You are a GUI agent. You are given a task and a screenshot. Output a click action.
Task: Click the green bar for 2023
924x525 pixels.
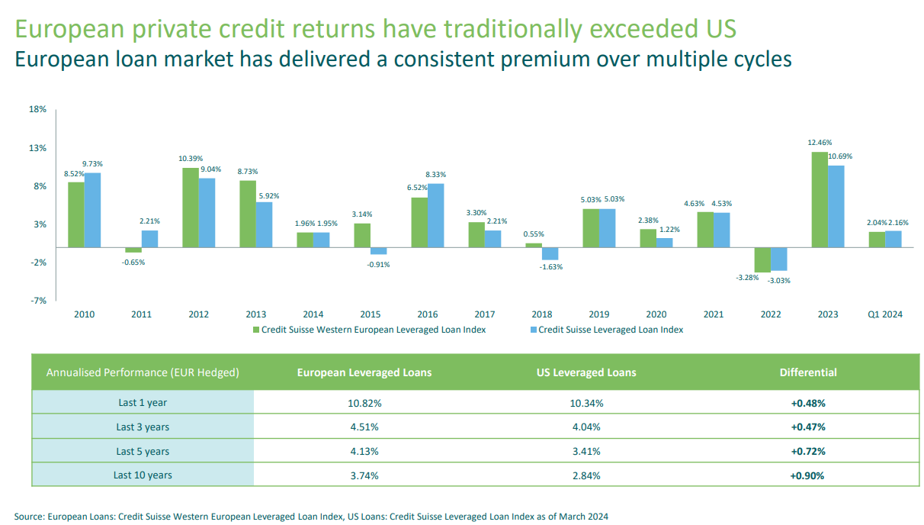[819, 199]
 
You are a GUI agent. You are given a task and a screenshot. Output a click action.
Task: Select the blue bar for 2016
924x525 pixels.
[436, 215]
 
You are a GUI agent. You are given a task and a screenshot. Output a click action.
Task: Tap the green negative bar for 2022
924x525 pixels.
[762, 259]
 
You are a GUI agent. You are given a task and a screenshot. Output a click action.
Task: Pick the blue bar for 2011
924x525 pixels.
[150, 239]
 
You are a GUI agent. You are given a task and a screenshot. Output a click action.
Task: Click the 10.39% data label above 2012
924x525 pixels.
[191, 158]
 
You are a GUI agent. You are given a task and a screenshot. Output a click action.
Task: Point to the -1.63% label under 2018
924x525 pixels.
[550, 267]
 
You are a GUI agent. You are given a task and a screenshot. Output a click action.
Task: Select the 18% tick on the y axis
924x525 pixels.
[37, 110]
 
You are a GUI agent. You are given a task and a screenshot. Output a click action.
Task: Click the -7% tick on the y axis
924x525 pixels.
[38, 301]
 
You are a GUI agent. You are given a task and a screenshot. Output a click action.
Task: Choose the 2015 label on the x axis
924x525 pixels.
[371, 314]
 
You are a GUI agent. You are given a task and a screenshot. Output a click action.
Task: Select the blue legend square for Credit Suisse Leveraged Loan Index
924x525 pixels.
[533, 330]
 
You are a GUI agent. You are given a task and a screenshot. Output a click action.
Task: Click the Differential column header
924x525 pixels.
[808, 372]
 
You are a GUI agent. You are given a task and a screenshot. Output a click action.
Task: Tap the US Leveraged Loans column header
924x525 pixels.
[586, 372]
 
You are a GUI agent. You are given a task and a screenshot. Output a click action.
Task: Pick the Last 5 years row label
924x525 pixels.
[143, 451]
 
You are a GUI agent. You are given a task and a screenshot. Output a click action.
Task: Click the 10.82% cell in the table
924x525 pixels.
[364, 402]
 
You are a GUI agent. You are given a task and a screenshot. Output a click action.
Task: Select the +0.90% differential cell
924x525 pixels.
[808, 475]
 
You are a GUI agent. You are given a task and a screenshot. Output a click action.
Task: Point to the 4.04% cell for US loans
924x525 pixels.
[586, 427]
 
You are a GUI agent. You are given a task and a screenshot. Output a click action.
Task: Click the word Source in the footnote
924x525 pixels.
[29, 517]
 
